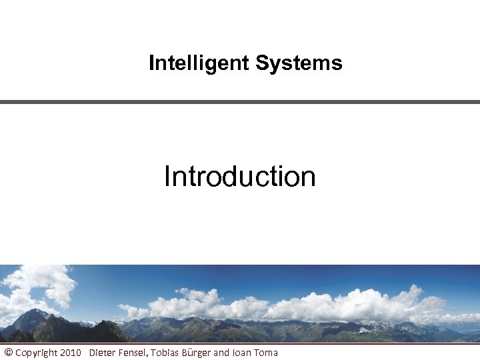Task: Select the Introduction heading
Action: tap(239, 177)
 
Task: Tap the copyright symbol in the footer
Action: tap(8, 352)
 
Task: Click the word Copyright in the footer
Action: tap(36, 352)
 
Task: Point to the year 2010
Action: tap(70, 352)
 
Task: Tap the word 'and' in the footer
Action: tap(221, 352)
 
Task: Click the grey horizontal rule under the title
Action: tap(240, 102)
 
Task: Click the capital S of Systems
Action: tap(261, 63)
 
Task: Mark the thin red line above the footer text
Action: tap(240, 343)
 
